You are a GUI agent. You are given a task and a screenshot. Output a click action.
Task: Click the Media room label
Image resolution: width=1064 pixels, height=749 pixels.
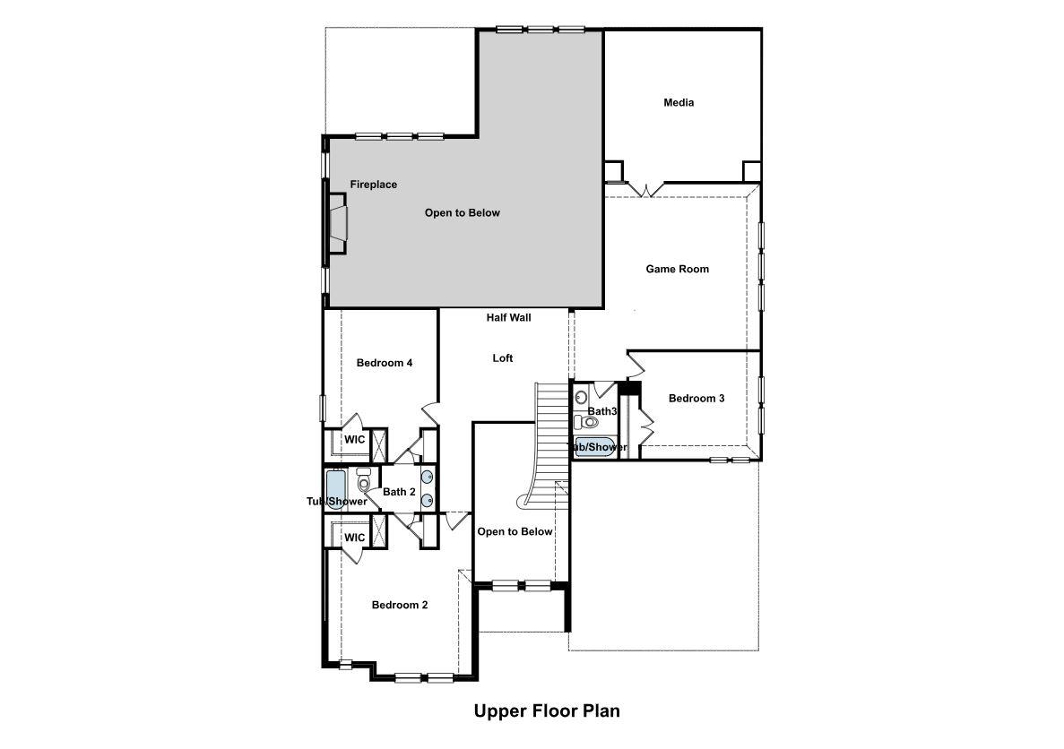pyautogui.click(x=679, y=102)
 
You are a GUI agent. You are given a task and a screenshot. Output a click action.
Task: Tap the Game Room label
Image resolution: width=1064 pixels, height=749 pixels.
pyautogui.click(x=678, y=269)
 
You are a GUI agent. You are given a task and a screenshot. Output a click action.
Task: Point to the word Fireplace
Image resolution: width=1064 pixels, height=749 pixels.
pyautogui.click(x=373, y=185)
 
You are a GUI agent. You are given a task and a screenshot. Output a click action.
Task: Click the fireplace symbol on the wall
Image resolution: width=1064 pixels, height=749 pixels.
pyautogui.click(x=337, y=228)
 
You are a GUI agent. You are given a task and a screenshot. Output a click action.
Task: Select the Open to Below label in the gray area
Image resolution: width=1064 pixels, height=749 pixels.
pyautogui.click(x=463, y=213)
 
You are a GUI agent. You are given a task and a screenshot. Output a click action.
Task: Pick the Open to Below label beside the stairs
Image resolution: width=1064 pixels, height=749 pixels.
pyautogui.click(x=515, y=531)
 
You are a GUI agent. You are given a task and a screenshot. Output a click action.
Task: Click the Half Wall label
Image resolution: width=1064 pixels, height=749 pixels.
pyautogui.click(x=509, y=317)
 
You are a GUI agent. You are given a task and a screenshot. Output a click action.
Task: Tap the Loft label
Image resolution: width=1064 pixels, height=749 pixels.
pyautogui.click(x=503, y=358)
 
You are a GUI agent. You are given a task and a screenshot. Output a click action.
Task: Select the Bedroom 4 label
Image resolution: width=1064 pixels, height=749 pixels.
pyautogui.click(x=385, y=363)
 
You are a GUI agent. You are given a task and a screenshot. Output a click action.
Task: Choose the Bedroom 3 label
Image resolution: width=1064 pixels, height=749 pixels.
pyautogui.click(x=696, y=398)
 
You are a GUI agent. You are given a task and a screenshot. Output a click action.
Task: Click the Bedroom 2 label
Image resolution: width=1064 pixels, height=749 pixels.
pyautogui.click(x=400, y=605)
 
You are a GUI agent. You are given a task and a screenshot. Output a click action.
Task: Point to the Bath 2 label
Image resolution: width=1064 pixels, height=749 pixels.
pyautogui.click(x=399, y=492)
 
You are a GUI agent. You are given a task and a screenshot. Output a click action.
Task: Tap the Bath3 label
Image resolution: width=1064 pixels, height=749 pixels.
pyautogui.click(x=602, y=411)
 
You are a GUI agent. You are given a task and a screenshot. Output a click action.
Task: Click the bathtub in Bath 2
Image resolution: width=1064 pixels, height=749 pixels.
pyautogui.click(x=335, y=488)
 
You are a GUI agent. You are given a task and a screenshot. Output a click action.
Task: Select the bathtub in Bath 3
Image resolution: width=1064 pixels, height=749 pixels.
pyautogui.click(x=593, y=447)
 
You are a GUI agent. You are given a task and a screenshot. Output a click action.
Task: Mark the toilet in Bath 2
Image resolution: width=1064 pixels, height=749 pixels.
pyautogui.click(x=364, y=481)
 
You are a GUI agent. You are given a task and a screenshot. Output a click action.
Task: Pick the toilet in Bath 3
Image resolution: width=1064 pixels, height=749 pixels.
pyautogui.click(x=589, y=420)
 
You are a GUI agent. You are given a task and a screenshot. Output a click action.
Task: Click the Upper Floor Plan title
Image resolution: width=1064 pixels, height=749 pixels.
pyautogui.click(x=547, y=711)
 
